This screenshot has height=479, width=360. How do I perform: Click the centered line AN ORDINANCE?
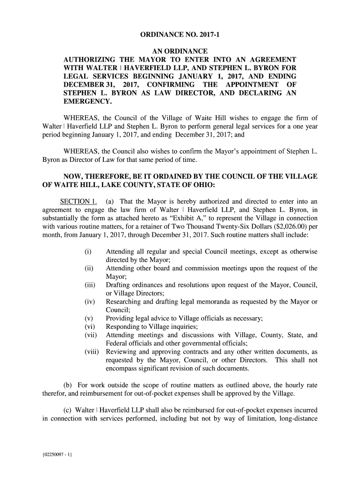tap(180, 51)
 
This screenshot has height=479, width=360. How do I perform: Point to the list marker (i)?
tap(87, 252)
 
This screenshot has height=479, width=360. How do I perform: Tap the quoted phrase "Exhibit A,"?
tap(197, 218)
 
